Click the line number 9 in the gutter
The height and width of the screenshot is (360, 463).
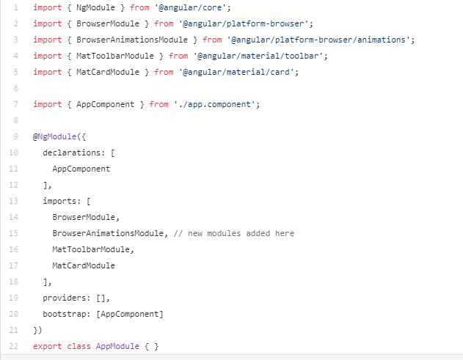pyautogui.click(x=15, y=136)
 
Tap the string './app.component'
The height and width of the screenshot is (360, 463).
pyautogui.click(x=216, y=104)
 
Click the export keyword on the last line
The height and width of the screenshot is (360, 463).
pyautogui.click(x=48, y=346)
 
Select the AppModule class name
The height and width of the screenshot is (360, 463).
pyautogui.click(x=117, y=346)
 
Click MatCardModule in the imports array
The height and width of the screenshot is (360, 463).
pyautogui.click(x=84, y=265)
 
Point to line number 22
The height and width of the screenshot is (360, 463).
pyautogui.click(x=15, y=346)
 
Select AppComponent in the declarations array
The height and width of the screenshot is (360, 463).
pyautogui.click(x=81, y=169)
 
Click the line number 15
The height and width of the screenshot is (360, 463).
pyautogui.click(x=15, y=233)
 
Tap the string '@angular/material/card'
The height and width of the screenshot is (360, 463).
pyautogui.click(x=238, y=72)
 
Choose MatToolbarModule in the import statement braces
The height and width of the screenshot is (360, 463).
pyautogui.click(x=115, y=56)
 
